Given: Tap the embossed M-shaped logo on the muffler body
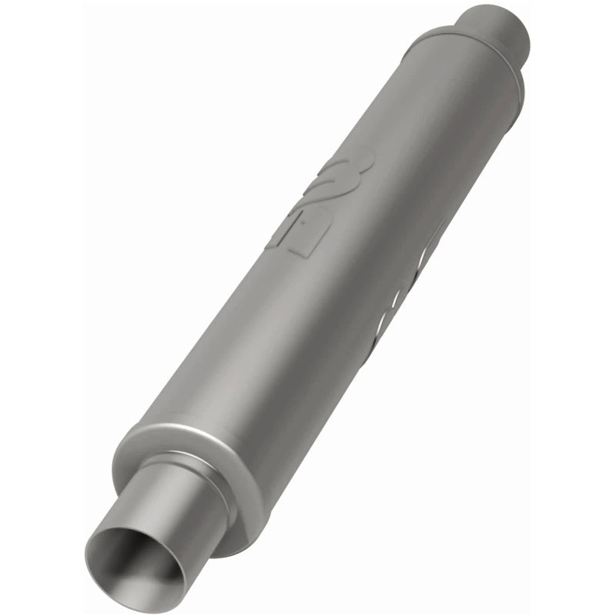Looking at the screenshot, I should (339, 177).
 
